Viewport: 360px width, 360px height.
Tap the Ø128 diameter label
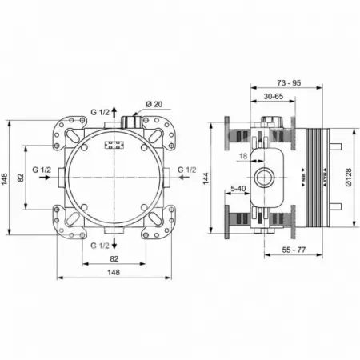(350, 178)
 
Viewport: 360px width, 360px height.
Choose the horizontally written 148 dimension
(114, 273)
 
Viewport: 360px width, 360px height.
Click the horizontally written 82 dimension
(114, 259)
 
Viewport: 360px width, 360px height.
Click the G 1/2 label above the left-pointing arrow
(186, 170)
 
